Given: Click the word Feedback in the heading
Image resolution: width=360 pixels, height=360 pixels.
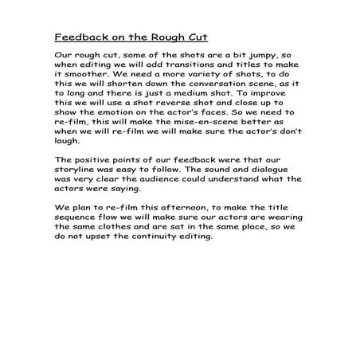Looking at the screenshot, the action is (x=79, y=37).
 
